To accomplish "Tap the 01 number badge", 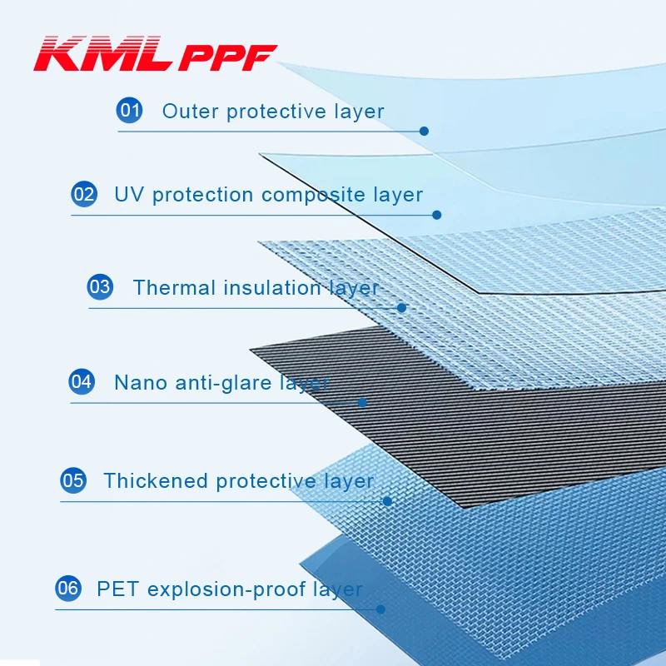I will [129, 110].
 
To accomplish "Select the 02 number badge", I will [84, 194].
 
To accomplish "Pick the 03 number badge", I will [100, 287].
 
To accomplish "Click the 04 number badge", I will [82, 382].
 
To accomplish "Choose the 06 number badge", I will [67, 589].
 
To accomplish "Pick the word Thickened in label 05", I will [155, 481].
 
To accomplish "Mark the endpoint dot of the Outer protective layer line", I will [424, 131].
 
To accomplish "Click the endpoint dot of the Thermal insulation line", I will [401, 307].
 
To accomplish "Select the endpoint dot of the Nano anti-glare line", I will [362, 403].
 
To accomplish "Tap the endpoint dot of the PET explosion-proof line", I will [380, 609].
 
